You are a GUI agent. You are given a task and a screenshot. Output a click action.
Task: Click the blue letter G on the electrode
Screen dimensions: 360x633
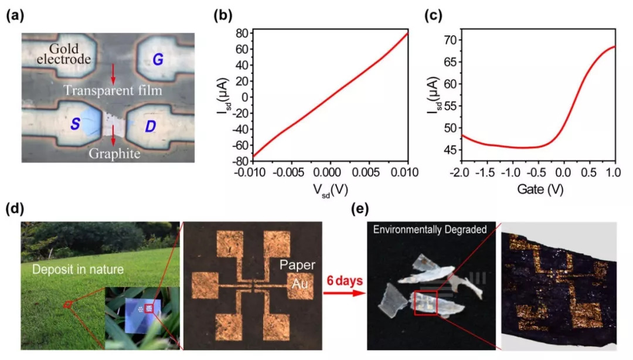pos(159,59)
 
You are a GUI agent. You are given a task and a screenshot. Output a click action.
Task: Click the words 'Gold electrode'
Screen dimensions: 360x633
pos(70,54)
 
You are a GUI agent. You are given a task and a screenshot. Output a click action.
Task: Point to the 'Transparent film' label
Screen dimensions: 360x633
pos(113,91)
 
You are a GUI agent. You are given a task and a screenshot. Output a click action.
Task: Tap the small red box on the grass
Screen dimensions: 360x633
pos(67,304)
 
